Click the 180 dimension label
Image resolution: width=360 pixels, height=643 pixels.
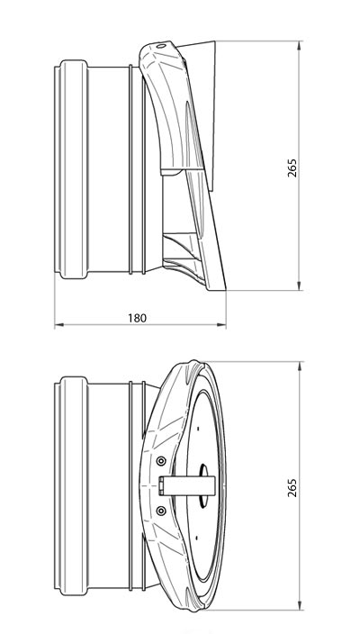pos(137,318)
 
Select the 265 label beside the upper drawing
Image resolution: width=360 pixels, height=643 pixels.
pos(292,168)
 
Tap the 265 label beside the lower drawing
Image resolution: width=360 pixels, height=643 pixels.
pos(292,487)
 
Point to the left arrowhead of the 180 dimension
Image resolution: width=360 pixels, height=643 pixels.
pos(59,325)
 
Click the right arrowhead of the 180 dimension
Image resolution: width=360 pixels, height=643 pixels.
pos(221,325)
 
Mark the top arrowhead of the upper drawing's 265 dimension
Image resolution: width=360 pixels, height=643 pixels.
pos(300,46)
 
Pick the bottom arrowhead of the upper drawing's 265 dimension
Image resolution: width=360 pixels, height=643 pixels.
pos(300,285)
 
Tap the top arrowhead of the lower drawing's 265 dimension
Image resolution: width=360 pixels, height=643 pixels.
pos(300,367)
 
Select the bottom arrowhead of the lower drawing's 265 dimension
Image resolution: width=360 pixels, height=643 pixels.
pos(300,605)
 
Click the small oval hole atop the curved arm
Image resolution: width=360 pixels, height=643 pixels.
pos(161,46)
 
